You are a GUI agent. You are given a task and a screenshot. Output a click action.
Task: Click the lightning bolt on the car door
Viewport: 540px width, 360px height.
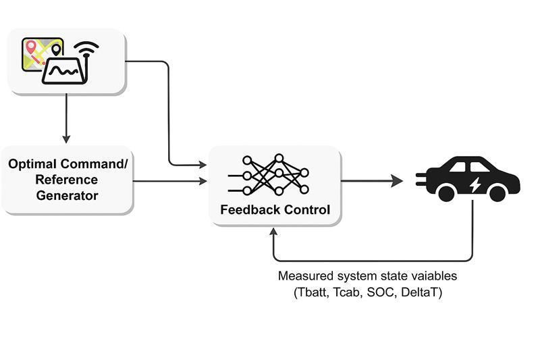[475, 183]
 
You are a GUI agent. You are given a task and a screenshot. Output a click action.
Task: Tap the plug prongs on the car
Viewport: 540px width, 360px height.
[419, 180]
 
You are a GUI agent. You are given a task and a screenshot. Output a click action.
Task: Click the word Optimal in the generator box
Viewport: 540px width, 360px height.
[33, 164]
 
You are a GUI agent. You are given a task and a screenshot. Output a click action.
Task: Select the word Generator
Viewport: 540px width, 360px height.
[67, 196]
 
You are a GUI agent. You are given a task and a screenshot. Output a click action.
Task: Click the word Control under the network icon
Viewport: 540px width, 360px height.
[306, 210]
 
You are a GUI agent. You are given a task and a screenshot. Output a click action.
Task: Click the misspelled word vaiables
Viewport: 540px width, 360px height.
[433, 276]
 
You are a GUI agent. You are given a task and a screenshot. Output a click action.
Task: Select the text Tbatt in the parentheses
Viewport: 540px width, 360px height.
[313, 293]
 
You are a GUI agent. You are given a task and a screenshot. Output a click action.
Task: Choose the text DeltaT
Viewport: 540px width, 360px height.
[421, 293]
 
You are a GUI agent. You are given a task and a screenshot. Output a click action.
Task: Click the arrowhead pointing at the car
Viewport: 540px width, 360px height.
[398, 181]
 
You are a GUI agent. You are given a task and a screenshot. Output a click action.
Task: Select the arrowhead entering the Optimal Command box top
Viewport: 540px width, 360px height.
[66, 139]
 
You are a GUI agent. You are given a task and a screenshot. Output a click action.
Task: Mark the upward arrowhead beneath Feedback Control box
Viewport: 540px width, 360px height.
[273, 232]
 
